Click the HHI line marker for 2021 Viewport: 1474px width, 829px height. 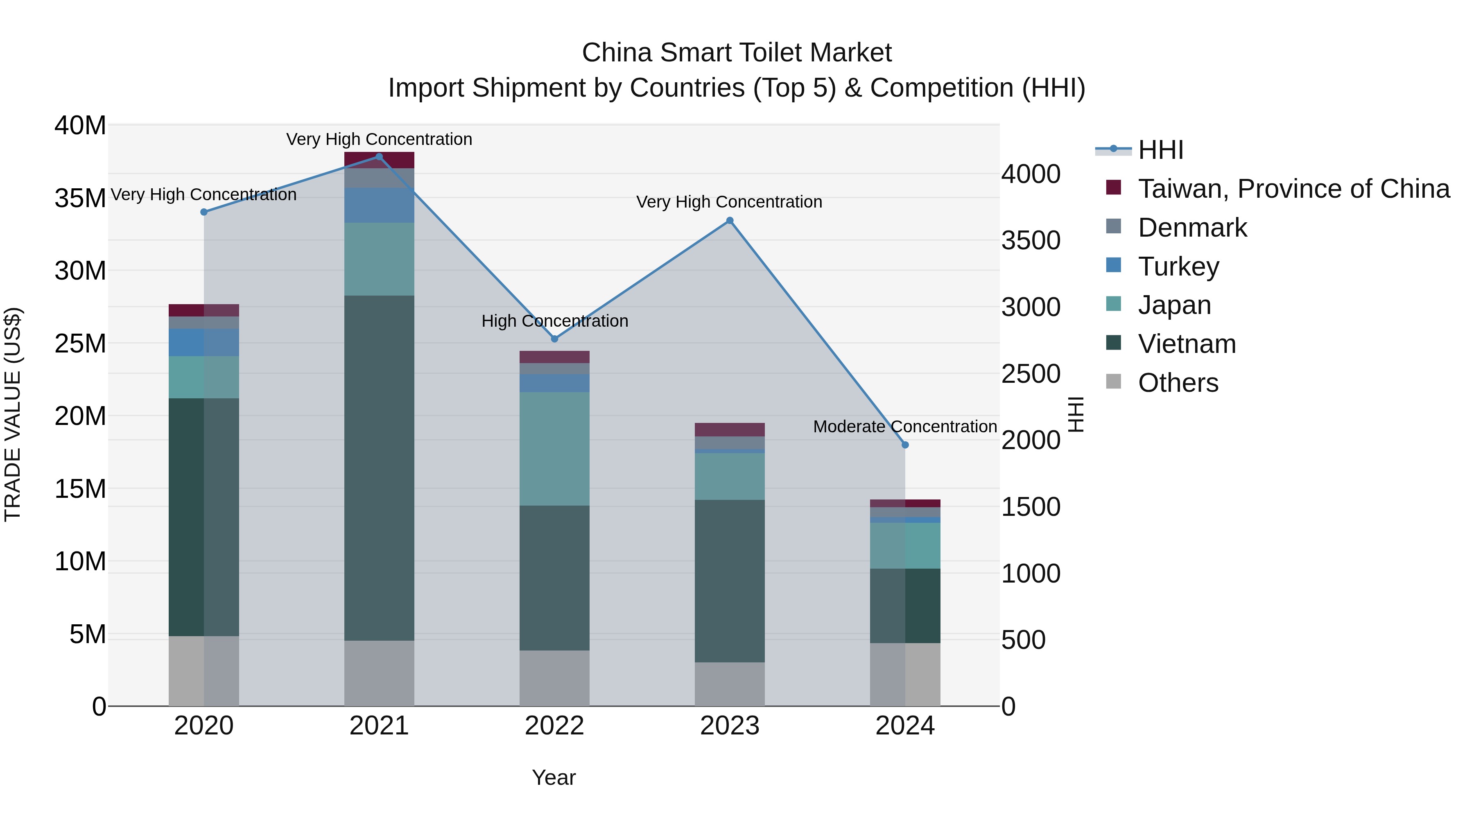379,157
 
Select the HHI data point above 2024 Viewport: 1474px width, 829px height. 904,445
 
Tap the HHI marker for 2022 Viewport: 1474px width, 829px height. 554,339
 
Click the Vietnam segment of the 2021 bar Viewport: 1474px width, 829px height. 379,468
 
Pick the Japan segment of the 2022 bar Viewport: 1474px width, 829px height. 554,449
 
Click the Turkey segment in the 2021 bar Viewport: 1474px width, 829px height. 379,205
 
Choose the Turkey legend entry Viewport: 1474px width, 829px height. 1178,267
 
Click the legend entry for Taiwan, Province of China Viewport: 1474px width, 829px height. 1293,189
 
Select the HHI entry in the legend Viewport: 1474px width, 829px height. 1160,150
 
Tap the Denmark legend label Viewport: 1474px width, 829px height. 1192,228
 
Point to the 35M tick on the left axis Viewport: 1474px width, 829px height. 80,199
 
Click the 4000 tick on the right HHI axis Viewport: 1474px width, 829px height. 1031,174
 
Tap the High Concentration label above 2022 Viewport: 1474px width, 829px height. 554,321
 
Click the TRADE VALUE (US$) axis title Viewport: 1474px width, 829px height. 13,414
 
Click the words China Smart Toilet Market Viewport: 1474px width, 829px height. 737,53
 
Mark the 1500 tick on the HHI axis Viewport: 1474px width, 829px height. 1031,507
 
